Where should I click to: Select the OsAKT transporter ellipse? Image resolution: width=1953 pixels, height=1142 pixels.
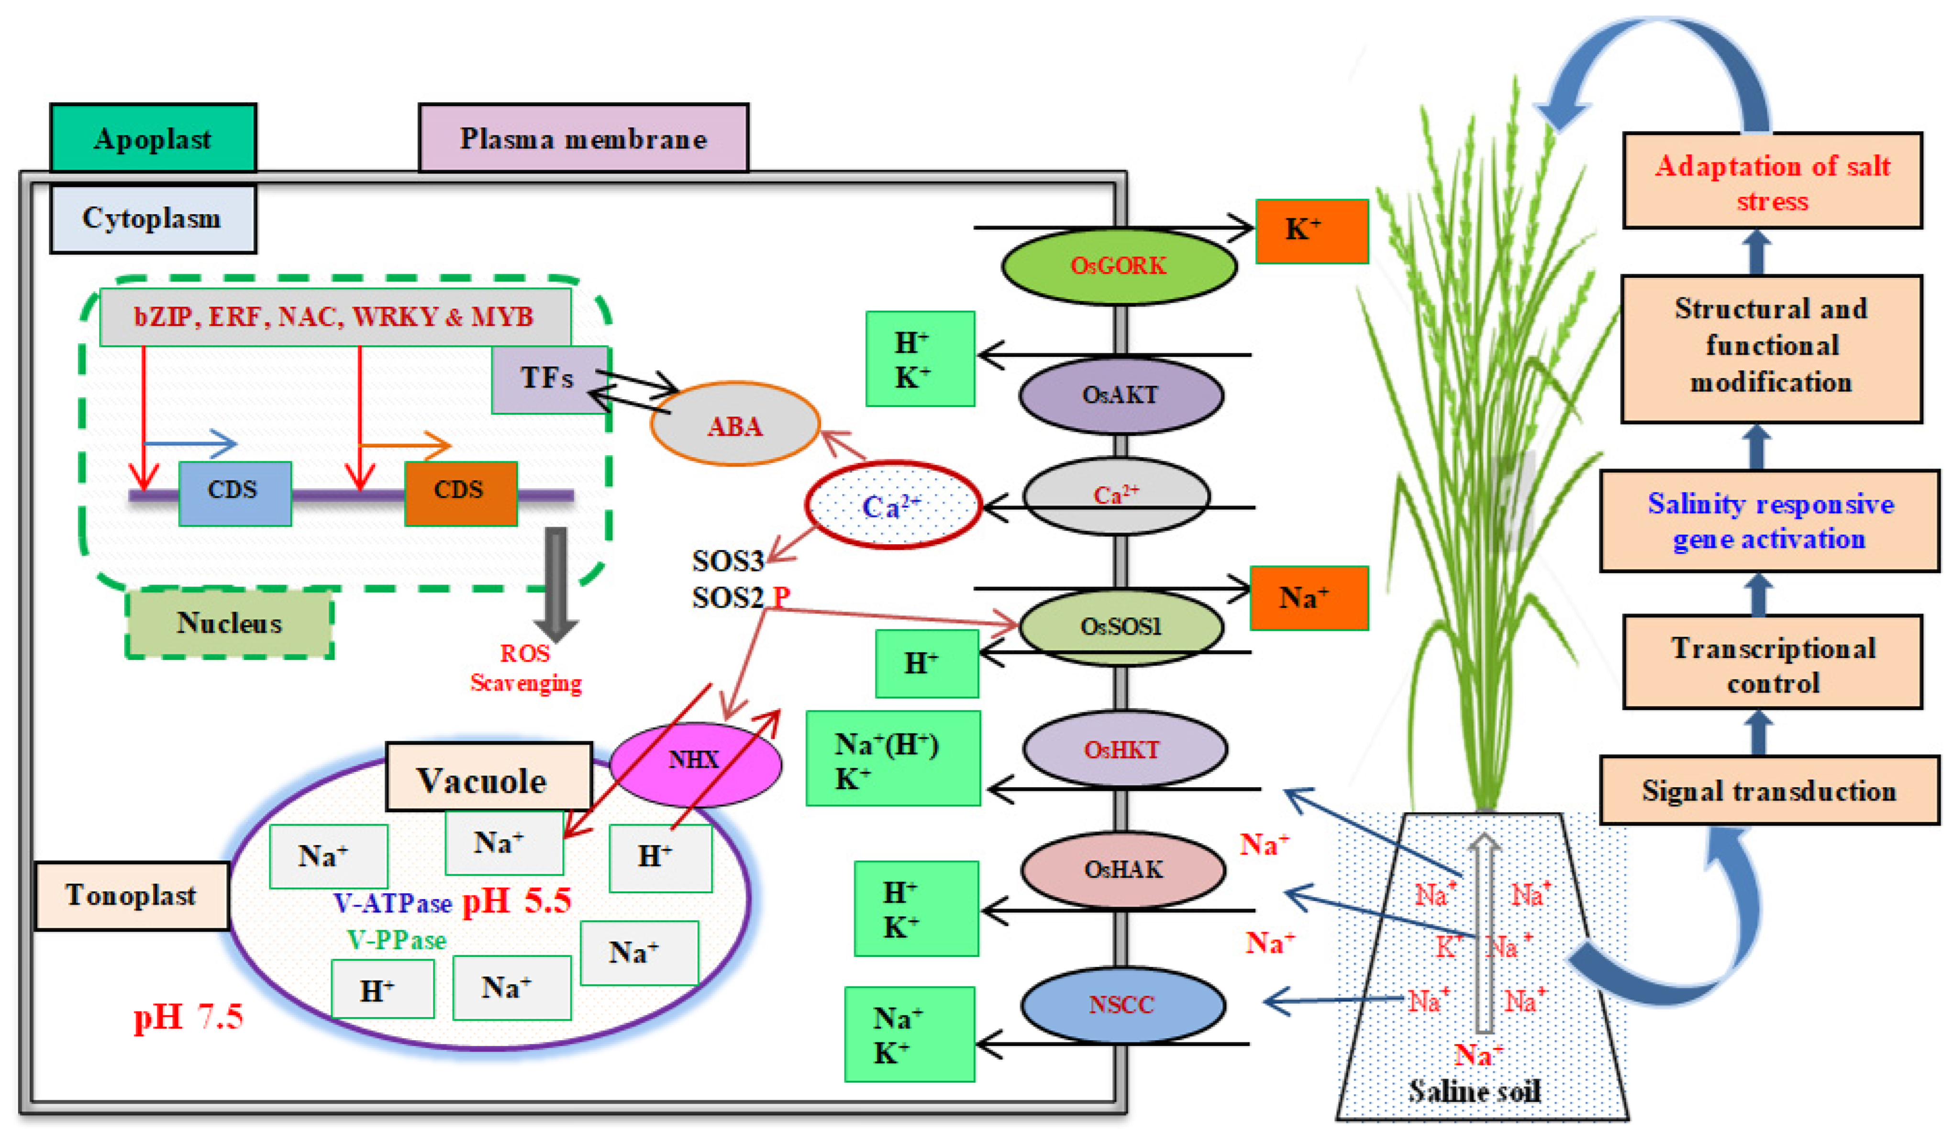click(1120, 395)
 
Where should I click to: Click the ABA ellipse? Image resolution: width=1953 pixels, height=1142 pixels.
click(735, 425)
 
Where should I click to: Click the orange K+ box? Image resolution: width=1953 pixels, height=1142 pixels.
click(1311, 231)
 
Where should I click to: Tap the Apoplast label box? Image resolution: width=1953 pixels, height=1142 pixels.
click(153, 138)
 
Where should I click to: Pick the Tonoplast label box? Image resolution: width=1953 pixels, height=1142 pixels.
click(132, 895)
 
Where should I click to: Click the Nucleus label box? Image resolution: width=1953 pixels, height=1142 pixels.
click(229, 623)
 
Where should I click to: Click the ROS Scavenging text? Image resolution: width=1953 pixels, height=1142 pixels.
click(525, 668)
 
